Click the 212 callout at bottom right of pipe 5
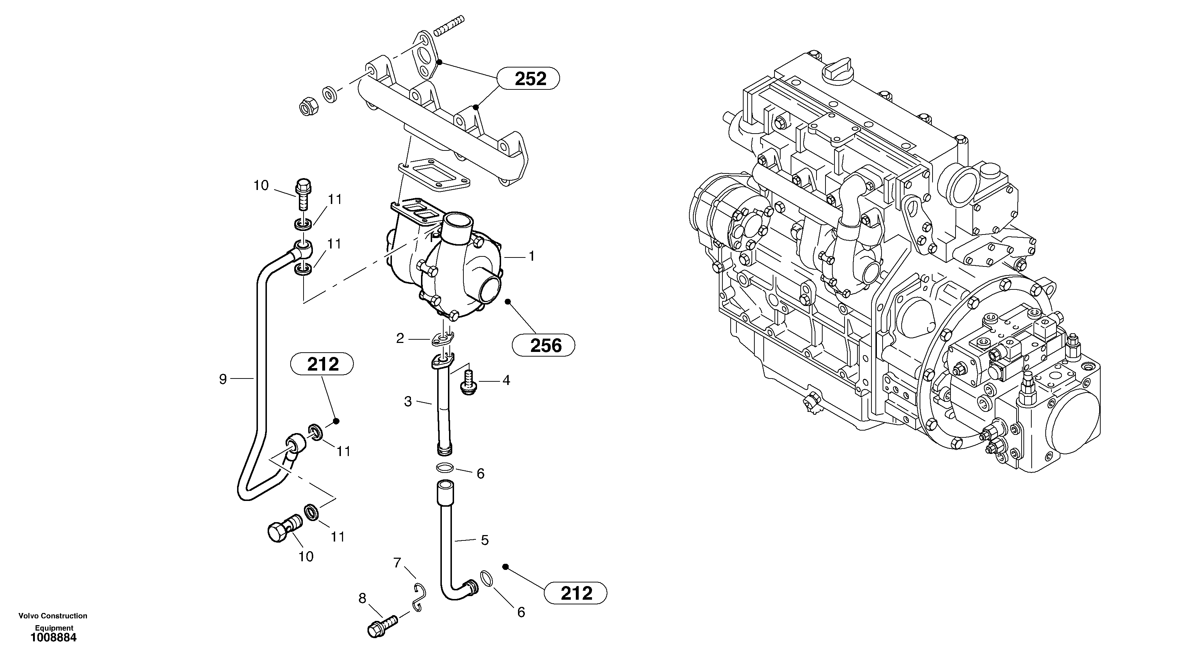pyautogui.click(x=576, y=593)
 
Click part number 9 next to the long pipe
pyautogui.click(x=223, y=379)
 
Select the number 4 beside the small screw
pyautogui.click(x=506, y=381)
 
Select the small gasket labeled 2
pyautogui.click(x=442, y=339)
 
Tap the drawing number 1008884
pyautogui.click(x=54, y=638)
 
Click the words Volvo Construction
pyautogui.click(x=52, y=616)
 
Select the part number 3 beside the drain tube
pyautogui.click(x=408, y=401)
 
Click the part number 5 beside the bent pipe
pyautogui.click(x=485, y=540)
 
